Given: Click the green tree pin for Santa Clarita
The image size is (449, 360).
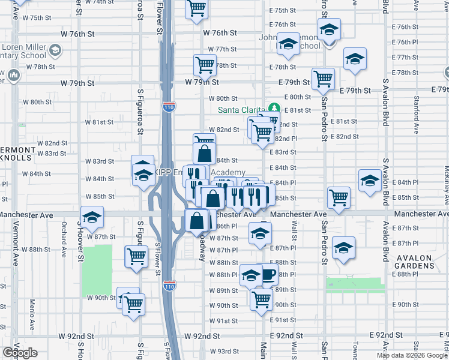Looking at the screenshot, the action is point(274,108).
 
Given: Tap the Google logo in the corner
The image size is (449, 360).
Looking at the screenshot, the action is point(20,353).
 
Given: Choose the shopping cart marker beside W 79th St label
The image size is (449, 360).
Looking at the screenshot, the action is point(205,64).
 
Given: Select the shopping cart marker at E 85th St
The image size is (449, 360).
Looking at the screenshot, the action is point(339,197).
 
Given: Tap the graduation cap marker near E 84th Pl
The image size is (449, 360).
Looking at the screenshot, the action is point(370,180).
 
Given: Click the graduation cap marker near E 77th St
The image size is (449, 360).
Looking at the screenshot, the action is point(355,59).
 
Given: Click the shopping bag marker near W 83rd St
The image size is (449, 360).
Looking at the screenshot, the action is point(205,152).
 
